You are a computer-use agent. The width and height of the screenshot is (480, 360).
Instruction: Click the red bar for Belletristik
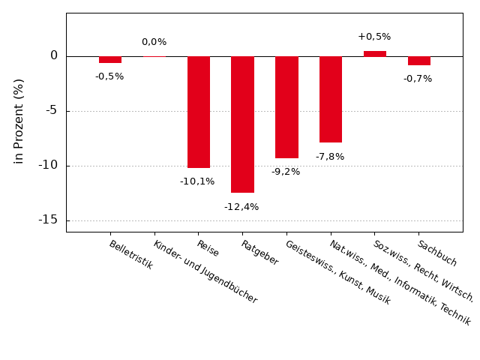pyautogui.click(x=110, y=59)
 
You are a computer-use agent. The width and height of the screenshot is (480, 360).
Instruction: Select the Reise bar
pyautogui.click(x=199, y=112)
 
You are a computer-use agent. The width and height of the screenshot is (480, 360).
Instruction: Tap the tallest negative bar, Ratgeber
pyautogui.click(x=242, y=124)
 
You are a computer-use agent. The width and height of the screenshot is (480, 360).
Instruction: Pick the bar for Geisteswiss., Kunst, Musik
pyautogui.click(x=286, y=107)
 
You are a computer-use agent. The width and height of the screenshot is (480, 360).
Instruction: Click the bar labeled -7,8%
pyautogui.click(x=331, y=99)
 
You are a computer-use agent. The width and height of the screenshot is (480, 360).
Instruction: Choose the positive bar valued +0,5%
pyautogui.click(x=375, y=53)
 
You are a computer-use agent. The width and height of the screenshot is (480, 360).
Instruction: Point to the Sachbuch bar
pyautogui.click(x=419, y=60)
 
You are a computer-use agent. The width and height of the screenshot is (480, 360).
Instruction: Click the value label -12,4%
pyautogui.click(x=241, y=207)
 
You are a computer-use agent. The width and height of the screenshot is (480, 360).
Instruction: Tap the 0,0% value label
pyautogui.click(x=154, y=42)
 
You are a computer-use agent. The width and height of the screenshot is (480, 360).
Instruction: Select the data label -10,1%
pyautogui.click(x=197, y=181)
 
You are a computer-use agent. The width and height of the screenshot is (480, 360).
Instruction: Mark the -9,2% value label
pyautogui.click(x=286, y=172)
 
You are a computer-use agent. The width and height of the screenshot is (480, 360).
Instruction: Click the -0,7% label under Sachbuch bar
pyautogui.click(x=418, y=79)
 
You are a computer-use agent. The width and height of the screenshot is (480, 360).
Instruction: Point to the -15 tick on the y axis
pyautogui.click(x=48, y=220)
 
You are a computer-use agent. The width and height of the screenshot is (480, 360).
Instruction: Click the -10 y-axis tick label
pyautogui.click(x=48, y=165)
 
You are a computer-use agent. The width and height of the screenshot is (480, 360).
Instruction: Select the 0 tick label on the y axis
pyautogui.click(x=54, y=55)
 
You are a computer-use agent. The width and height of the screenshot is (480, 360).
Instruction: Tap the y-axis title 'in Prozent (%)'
pyautogui.click(x=19, y=121)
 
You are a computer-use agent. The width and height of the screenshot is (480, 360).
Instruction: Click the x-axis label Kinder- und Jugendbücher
pyautogui.click(x=205, y=271)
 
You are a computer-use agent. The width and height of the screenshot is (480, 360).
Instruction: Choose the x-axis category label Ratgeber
pyautogui.click(x=259, y=253)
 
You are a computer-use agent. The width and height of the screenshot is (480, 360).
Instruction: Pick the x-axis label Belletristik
pyautogui.click(x=130, y=255)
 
